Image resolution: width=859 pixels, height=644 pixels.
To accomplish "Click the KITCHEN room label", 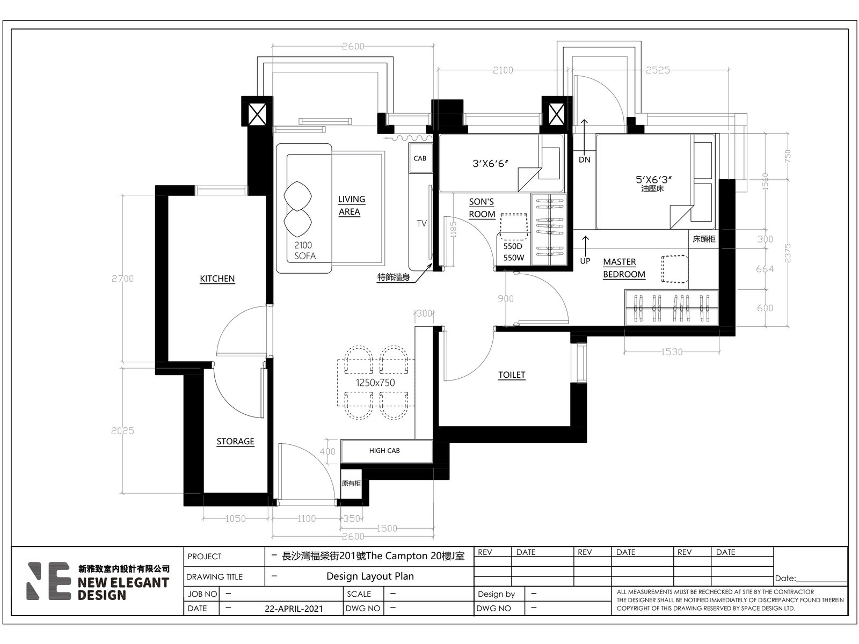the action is pyautogui.click(x=217, y=279).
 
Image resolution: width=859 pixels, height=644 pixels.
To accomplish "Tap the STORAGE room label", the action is pyautogui.click(x=235, y=442).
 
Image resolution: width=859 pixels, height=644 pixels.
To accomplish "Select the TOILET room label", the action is pyautogui.click(x=512, y=375).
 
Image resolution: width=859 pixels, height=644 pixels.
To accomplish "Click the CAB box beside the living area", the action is pyautogui.click(x=420, y=158).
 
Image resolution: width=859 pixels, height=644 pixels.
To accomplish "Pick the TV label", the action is pyautogui.click(x=421, y=223).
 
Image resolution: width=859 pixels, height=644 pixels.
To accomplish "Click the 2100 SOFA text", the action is pyautogui.click(x=304, y=251).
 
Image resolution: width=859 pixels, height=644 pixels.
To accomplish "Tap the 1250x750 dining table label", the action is pyautogui.click(x=375, y=383).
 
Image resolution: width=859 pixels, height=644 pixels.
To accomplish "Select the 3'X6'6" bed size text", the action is pyautogui.click(x=490, y=164).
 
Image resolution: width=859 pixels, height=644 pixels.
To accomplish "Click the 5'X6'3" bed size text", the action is pyautogui.click(x=653, y=179).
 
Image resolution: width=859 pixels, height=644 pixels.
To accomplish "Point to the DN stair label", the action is pyautogui.click(x=584, y=159).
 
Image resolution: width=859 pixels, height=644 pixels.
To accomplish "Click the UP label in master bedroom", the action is pyautogui.click(x=585, y=261).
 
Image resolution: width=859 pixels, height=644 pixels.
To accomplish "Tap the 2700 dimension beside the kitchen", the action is pyautogui.click(x=122, y=279).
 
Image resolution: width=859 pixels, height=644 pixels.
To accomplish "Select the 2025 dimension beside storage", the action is pyautogui.click(x=122, y=431).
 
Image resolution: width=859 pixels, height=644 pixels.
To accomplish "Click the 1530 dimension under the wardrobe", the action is pyautogui.click(x=672, y=352).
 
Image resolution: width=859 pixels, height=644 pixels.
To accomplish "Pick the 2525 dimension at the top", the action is pyautogui.click(x=658, y=70).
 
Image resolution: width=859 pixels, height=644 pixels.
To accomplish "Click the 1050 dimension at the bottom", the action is pyautogui.click(x=235, y=518).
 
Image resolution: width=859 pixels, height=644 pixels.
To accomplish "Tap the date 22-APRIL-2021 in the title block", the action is pyautogui.click(x=294, y=609).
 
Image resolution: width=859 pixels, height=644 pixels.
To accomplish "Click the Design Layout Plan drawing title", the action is pyautogui.click(x=370, y=576).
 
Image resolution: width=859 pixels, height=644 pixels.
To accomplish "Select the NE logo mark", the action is pyautogui.click(x=49, y=581).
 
